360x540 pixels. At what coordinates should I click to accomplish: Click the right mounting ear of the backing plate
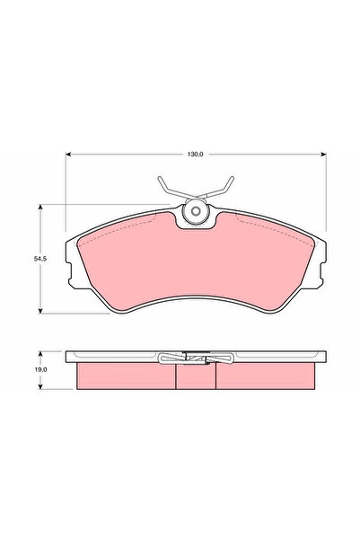tap(318, 267)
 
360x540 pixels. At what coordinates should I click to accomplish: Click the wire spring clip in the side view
tap(194, 359)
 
